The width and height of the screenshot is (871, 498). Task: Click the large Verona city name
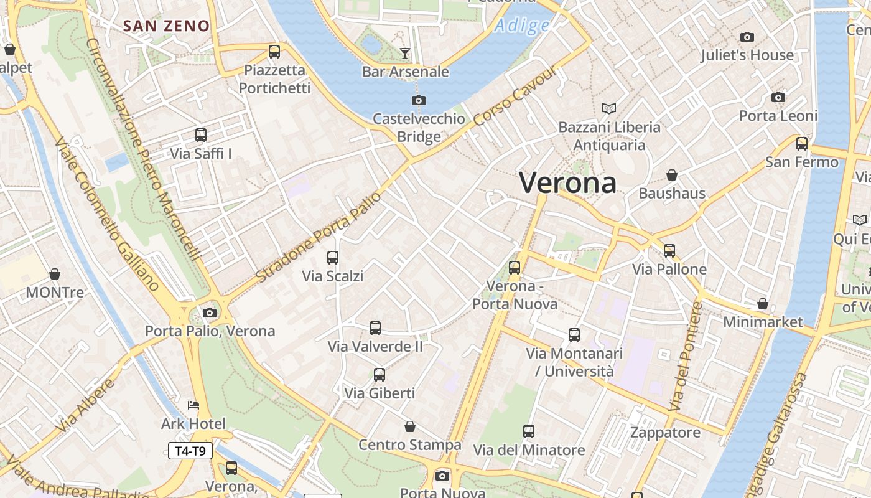tap(568, 183)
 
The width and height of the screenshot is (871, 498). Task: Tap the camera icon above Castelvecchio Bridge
tap(419, 100)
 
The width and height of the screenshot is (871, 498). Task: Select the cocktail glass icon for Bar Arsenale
tap(405, 53)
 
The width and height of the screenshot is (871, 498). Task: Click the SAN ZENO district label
tap(166, 26)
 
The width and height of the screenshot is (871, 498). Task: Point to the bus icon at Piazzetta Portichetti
tap(274, 52)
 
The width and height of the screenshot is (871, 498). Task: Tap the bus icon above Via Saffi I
tap(200, 135)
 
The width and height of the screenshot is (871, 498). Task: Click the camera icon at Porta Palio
tap(210, 312)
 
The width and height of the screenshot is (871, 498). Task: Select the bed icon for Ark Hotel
tap(193, 405)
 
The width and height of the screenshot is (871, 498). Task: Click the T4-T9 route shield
tap(190, 451)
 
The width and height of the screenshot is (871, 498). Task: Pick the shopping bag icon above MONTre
tap(55, 274)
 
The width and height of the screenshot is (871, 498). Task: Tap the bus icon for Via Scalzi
tap(333, 257)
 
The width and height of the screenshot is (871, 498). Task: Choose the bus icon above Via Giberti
tap(380, 375)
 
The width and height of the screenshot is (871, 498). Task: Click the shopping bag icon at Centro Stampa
tap(410, 426)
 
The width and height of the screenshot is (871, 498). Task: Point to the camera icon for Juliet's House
tap(747, 37)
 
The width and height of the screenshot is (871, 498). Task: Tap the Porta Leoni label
tap(778, 116)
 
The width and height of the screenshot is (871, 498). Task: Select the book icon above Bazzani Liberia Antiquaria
tap(609, 109)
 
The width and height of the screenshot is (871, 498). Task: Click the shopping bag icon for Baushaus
tap(672, 175)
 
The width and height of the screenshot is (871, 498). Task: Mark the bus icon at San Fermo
tap(802, 144)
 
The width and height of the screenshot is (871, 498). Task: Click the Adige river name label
tap(523, 26)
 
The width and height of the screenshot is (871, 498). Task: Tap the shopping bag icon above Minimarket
tap(763, 304)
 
